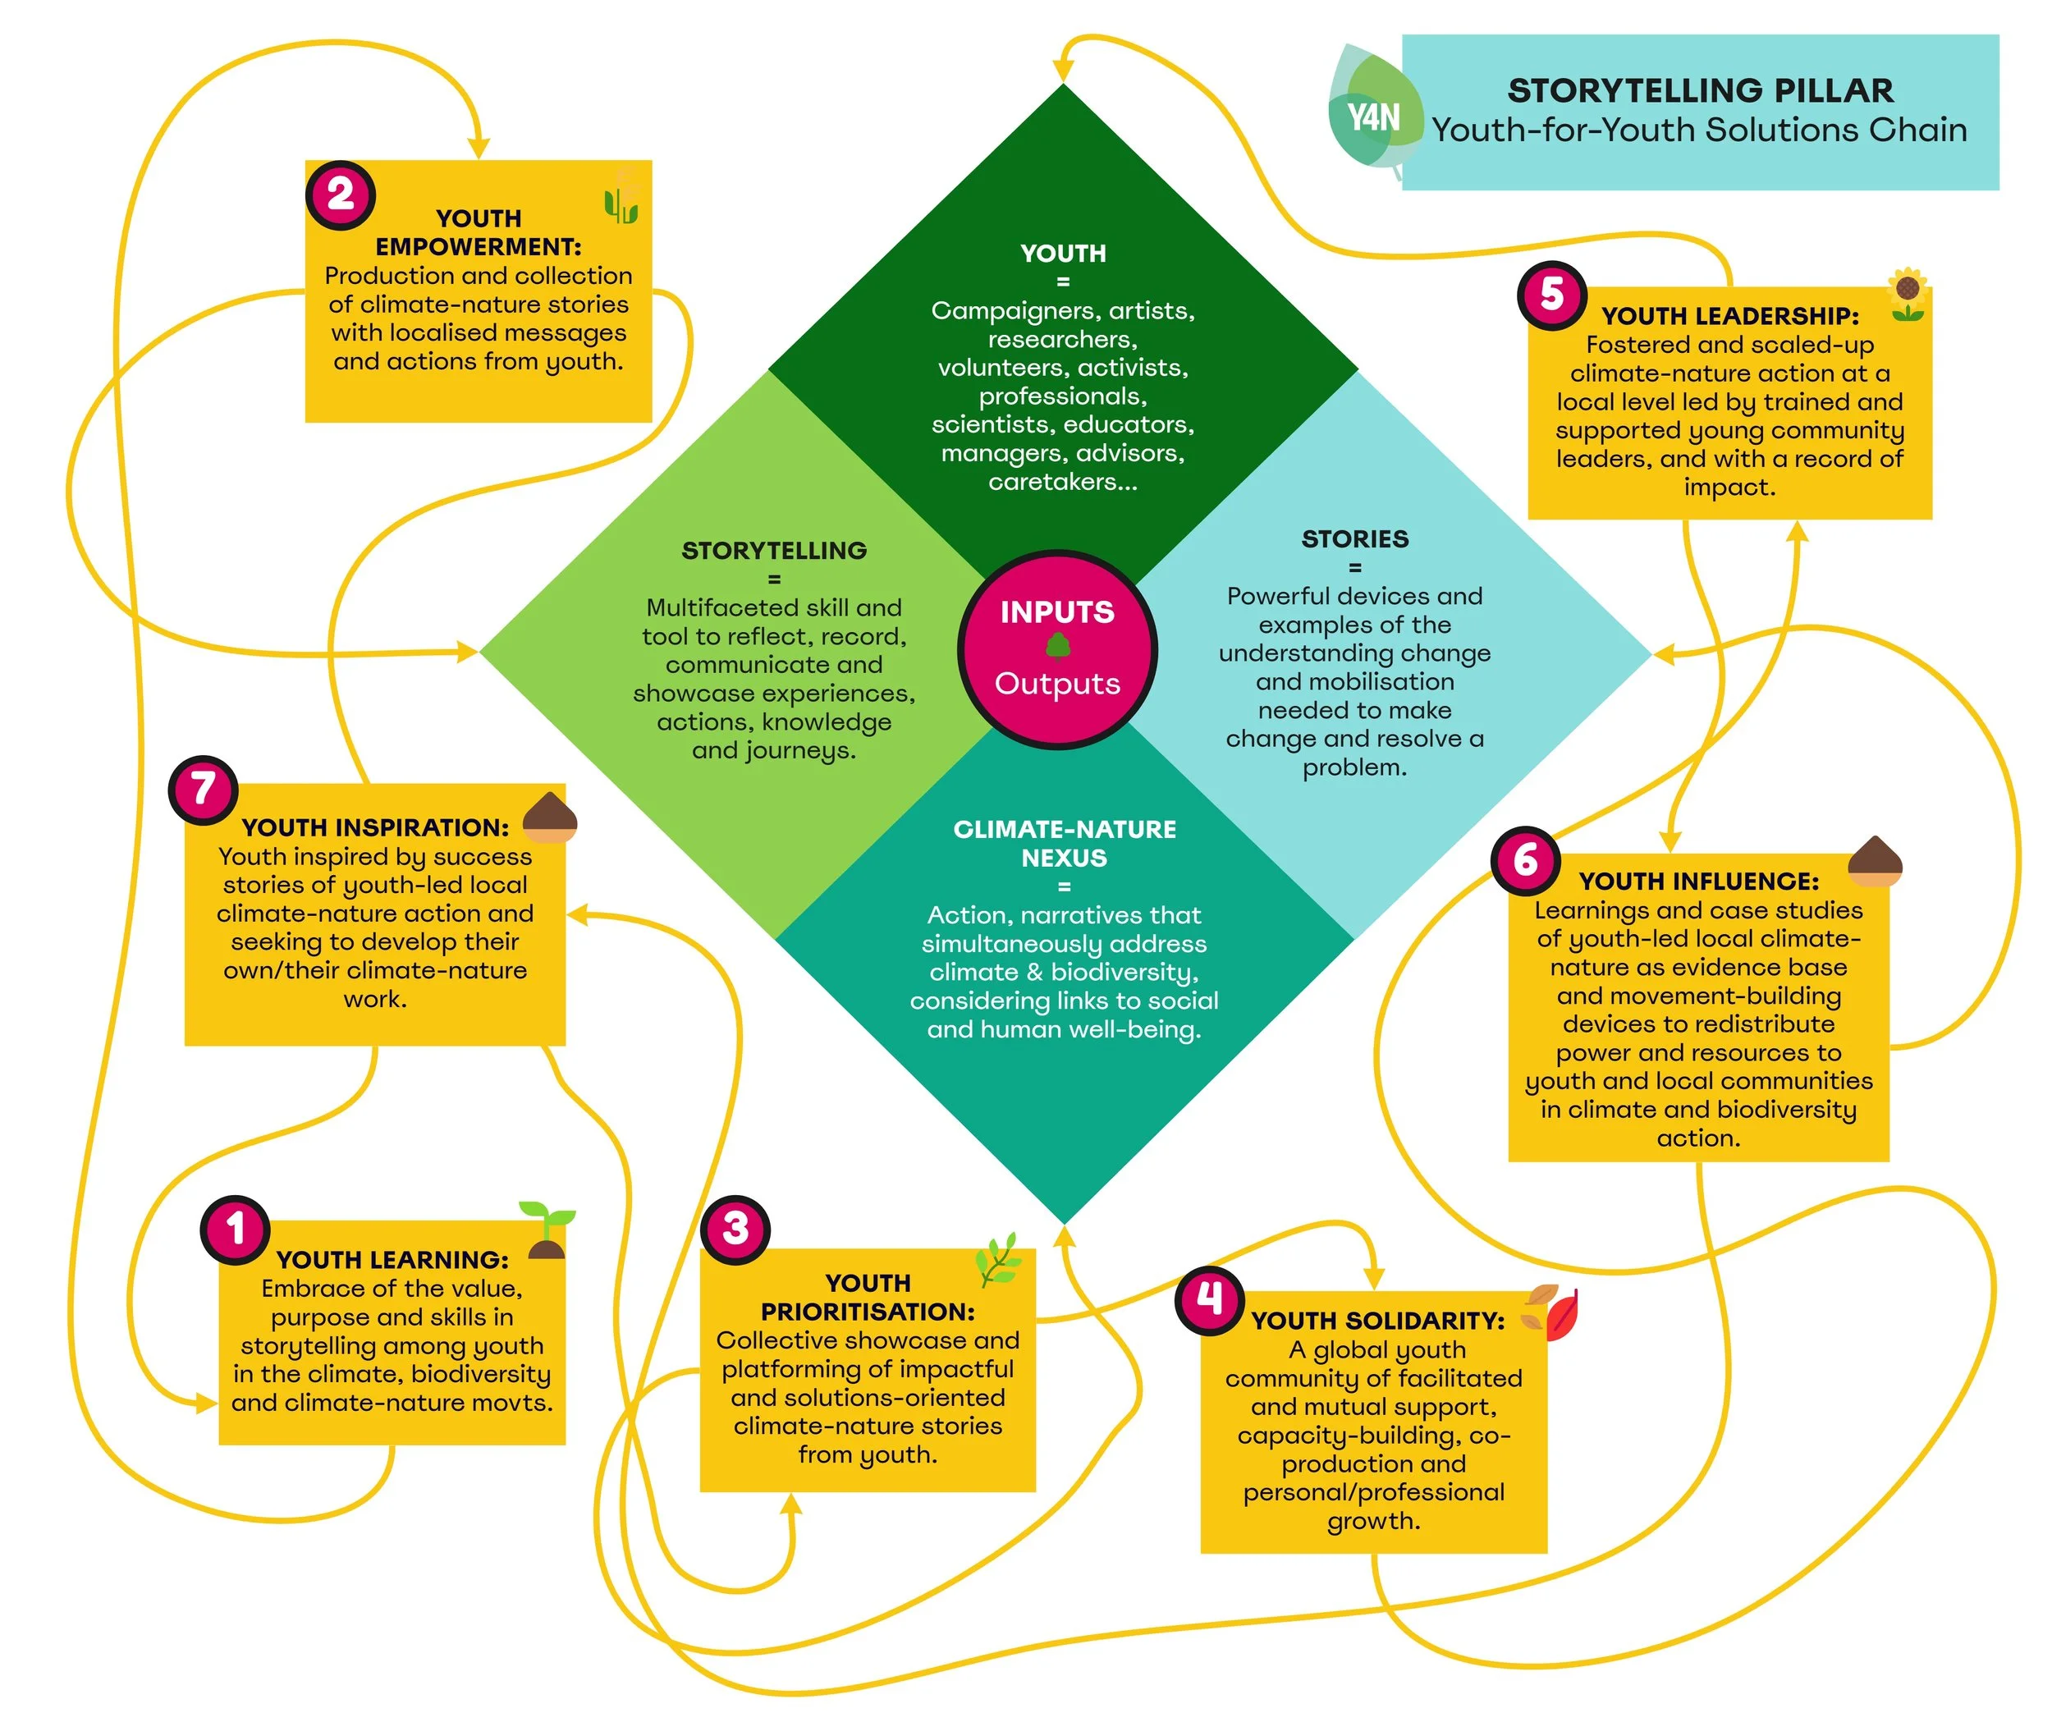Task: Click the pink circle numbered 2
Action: (340, 195)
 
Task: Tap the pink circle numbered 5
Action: (1551, 295)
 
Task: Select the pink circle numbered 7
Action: (202, 789)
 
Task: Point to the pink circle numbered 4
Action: (1210, 1300)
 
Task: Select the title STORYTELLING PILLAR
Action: (1699, 90)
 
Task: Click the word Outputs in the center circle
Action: (1057, 683)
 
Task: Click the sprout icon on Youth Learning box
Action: (547, 1230)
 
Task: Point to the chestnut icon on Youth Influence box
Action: (1874, 860)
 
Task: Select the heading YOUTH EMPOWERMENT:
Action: (478, 231)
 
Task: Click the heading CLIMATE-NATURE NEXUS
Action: (1064, 842)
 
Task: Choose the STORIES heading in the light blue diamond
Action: (1354, 538)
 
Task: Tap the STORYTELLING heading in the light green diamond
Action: (774, 550)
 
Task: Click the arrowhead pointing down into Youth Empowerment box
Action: (478, 147)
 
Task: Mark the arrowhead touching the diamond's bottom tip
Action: (1064, 1236)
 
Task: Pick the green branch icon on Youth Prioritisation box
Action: (999, 1259)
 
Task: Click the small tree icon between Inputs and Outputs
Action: (1058, 646)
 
